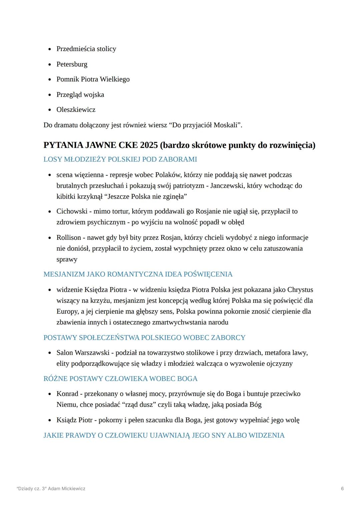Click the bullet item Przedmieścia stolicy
click(x=86, y=49)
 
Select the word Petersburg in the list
click(x=72, y=64)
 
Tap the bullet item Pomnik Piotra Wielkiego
click(x=93, y=79)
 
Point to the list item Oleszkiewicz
click(x=76, y=110)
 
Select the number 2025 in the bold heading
click(x=149, y=145)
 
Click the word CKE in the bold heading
click(x=126, y=145)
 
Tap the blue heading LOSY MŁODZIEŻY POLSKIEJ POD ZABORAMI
click(x=120, y=159)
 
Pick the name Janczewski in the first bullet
click(x=226, y=186)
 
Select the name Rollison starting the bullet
click(x=69, y=238)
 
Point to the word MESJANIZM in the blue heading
click(x=64, y=274)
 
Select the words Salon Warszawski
click(x=83, y=353)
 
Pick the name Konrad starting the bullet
click(x=67, y=394)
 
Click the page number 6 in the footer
click(x=342, y=489)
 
